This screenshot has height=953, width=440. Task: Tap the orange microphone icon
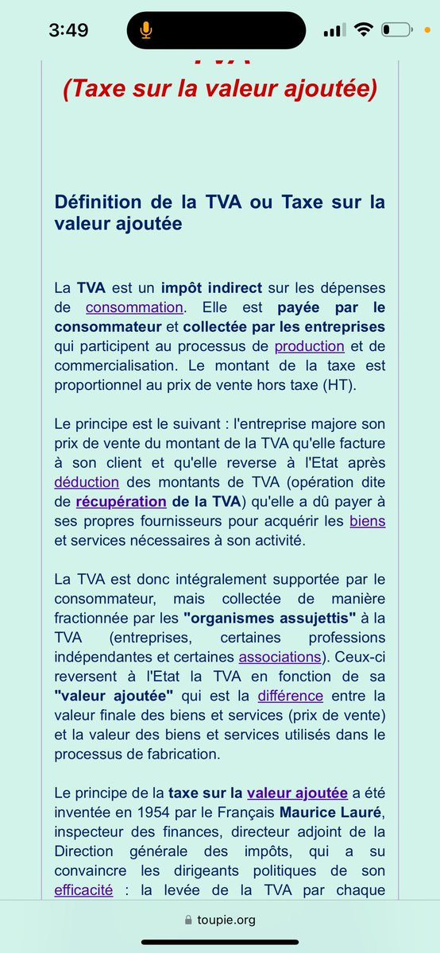(145, 30)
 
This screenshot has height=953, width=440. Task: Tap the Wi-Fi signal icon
(365, 30)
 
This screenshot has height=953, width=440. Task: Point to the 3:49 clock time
(68, 30)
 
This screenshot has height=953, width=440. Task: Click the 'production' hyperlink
(309, 345)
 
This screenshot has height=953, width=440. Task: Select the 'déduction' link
(87, 481)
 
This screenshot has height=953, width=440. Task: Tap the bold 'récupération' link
(121, 501)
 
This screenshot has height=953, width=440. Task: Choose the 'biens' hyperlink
(367, 521)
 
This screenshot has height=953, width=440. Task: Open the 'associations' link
(280, 657)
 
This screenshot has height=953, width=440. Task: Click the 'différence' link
(290, 696)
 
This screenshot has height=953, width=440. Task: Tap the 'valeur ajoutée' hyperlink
(297, 793)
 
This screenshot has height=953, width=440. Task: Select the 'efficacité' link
(84, 890)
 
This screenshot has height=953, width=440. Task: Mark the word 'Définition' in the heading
(102, 202)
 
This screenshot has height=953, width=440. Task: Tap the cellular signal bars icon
(335, 30)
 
